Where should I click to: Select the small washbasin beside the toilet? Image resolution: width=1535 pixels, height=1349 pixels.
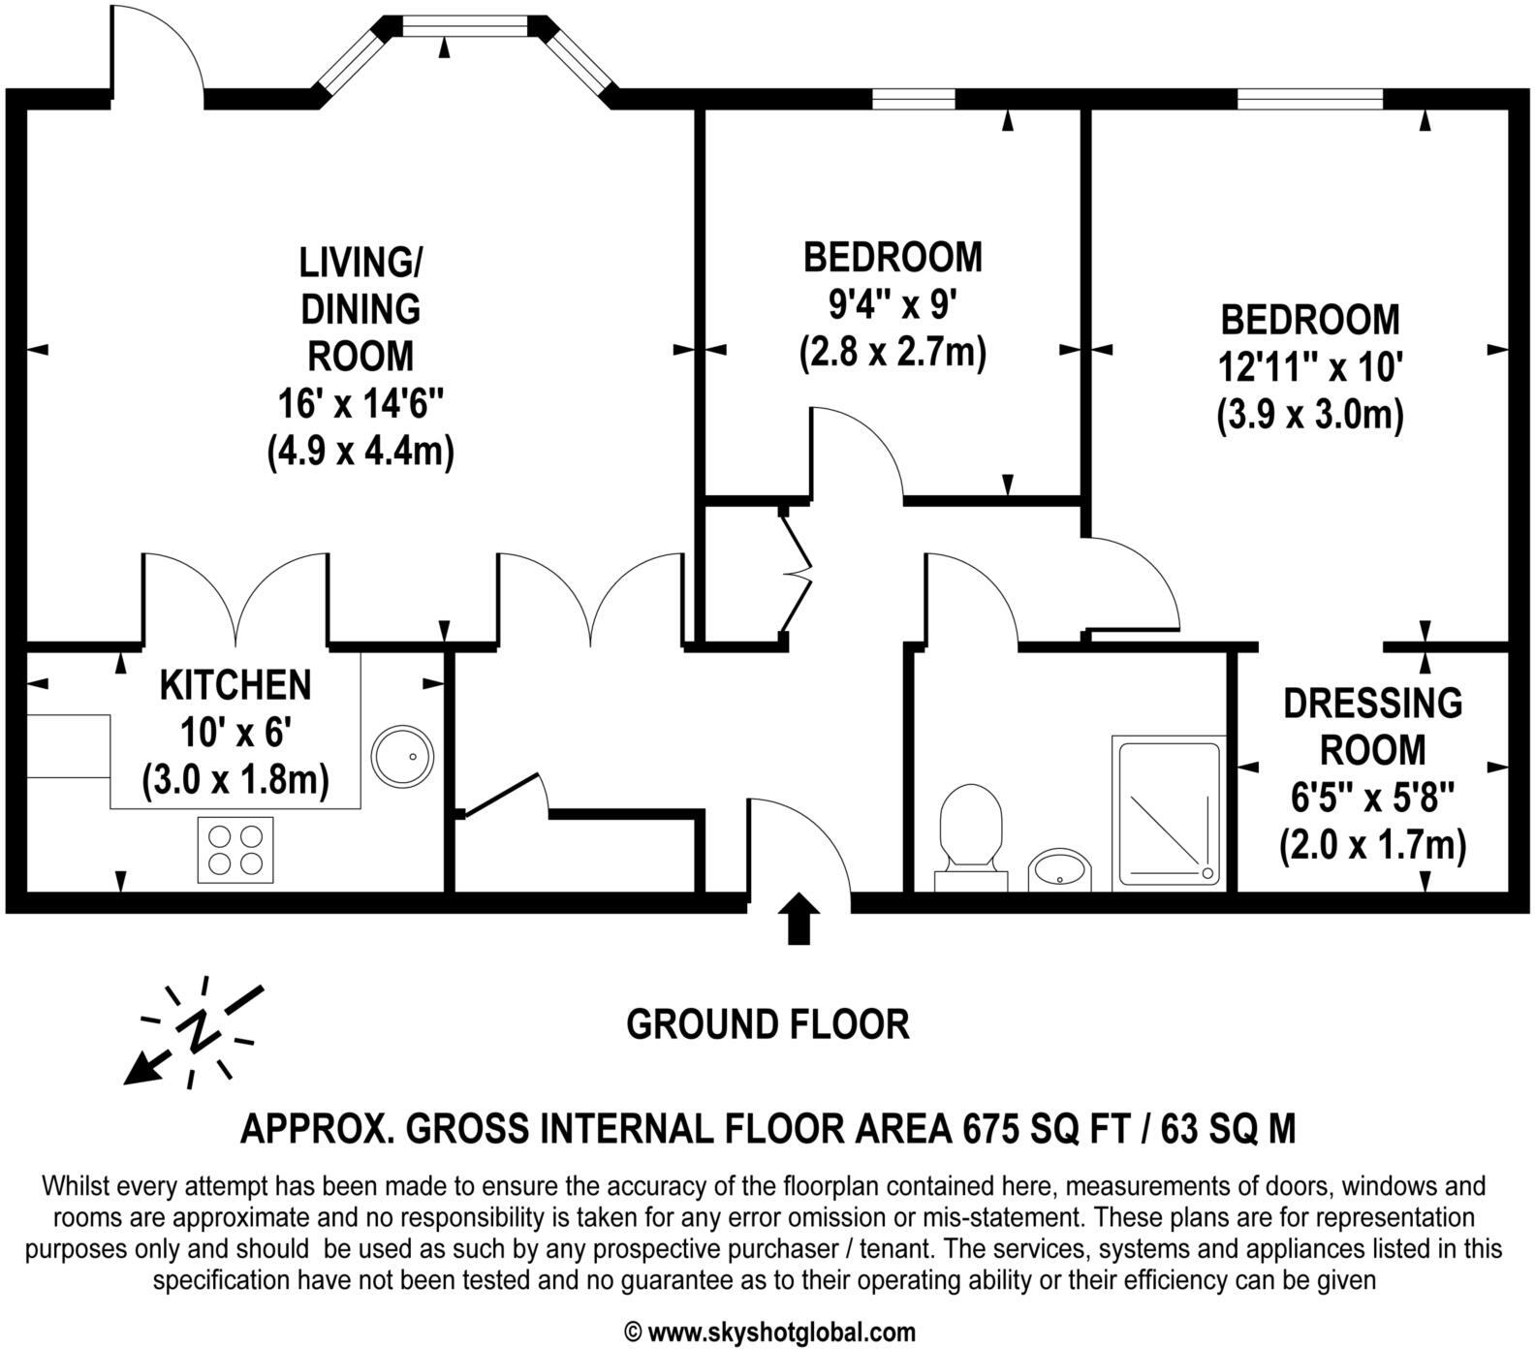[1059, 868]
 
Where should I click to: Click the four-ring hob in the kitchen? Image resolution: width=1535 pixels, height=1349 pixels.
[235, 849]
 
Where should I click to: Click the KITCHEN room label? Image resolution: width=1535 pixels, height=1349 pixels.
[235, 685]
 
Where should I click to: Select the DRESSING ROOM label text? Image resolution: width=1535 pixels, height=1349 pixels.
[1372, 726]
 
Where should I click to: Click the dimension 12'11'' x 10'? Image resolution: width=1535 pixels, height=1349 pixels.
[1310, 367]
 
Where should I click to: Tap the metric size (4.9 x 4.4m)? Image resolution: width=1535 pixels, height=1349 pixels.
[360, 452]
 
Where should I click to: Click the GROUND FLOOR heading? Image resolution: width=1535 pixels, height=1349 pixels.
[767, 1024]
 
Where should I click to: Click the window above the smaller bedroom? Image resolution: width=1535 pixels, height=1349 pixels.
[913, 98]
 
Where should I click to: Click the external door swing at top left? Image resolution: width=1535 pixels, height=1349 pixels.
[158, 48]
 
